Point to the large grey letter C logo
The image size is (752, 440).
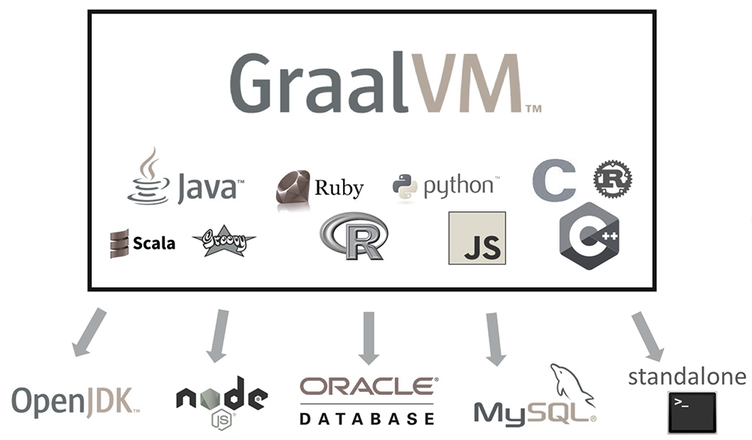[553, 181]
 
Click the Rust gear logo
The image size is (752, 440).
[612, 179]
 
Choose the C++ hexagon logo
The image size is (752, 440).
[589, 235]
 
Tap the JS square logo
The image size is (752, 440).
[477, 238]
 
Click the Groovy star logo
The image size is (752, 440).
[224, 241]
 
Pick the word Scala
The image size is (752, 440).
[153, 243]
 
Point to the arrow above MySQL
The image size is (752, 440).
[493, 337]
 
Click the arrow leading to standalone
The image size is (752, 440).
[647, 334]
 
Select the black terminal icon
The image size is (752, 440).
[692, 411]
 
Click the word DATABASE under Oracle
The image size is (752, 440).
[368, 416]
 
